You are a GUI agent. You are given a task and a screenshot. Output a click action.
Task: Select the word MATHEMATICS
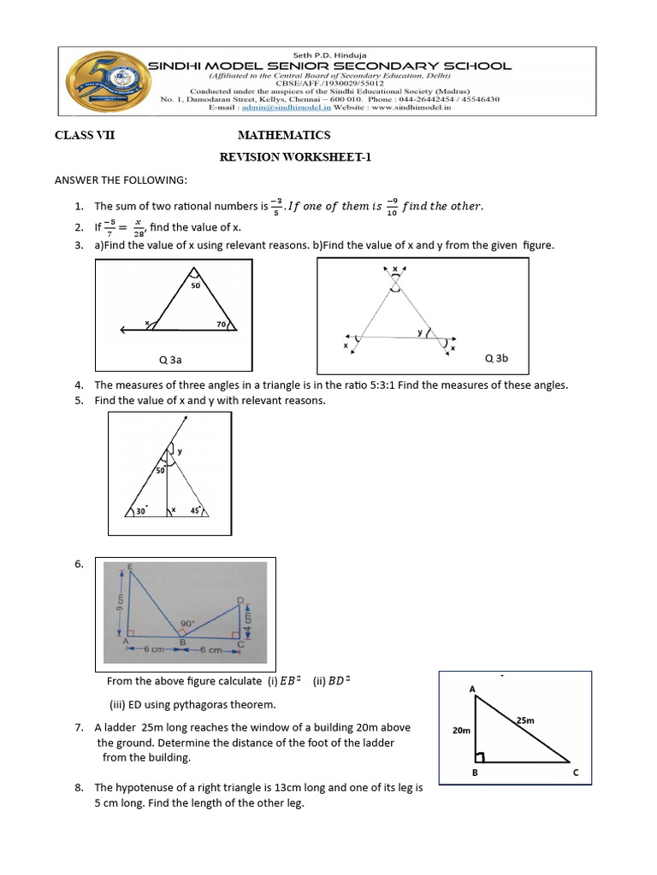coord(283,136)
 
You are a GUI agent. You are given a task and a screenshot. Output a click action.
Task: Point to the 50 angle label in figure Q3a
coord(195,285)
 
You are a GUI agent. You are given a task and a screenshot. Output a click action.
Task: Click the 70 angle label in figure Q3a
coord(220,325)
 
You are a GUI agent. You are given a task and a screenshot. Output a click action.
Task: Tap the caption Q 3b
coord(496,358)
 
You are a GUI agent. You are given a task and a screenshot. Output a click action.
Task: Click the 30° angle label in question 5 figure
coord(142,511)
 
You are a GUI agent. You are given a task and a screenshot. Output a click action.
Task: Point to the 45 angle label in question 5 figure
coord(194,511)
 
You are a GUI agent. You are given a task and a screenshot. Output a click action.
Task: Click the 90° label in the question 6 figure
coord(186,623)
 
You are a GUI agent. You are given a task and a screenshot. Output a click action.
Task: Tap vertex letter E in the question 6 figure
coord(130,568)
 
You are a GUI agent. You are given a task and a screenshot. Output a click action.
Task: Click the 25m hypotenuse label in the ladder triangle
coord(525,720)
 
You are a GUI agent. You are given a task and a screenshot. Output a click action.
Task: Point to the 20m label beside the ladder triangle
coord(461,731)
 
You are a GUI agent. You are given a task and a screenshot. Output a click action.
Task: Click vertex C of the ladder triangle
coord(576,773)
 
